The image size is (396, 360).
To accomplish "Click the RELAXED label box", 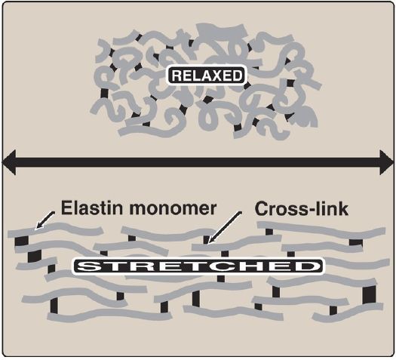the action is click(207, 75).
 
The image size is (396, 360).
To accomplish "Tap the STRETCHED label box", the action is click(198, 266).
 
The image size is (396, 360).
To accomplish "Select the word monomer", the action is click(173, 209).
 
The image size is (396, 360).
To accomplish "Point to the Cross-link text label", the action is click(302, 209).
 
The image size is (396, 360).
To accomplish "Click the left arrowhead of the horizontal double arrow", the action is click(9, 162).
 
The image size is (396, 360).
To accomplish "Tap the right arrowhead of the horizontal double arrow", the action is click(386, 162).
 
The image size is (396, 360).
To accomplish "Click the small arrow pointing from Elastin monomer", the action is click(45, 220).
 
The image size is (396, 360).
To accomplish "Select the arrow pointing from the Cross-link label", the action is click(225, 228).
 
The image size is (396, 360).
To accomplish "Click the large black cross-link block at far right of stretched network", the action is click(369, 294).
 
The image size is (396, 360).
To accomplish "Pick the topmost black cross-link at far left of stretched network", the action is click(21, 241).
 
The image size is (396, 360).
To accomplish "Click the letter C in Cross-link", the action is click(262, 209).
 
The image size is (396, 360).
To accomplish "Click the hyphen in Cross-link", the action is click(309, 211).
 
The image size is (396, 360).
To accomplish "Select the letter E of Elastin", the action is click(66, 208).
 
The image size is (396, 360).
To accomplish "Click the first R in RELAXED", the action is click(177, 75).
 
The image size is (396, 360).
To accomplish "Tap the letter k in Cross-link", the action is click(342, 208).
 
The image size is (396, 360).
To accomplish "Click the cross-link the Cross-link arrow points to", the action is click(207, 240).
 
